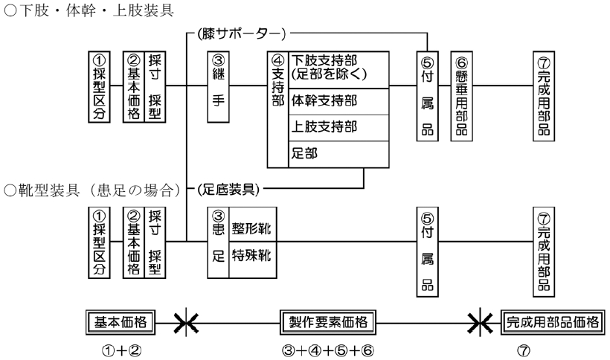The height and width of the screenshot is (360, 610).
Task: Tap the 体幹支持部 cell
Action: coord(338,100)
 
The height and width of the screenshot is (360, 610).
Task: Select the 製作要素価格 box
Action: coord(327,322)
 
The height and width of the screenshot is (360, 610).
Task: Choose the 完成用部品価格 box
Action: coord(551,322)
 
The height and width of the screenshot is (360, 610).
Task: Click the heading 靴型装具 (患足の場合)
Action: coord(93,190)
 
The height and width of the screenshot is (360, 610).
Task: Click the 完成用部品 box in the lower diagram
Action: coord(543,249)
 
